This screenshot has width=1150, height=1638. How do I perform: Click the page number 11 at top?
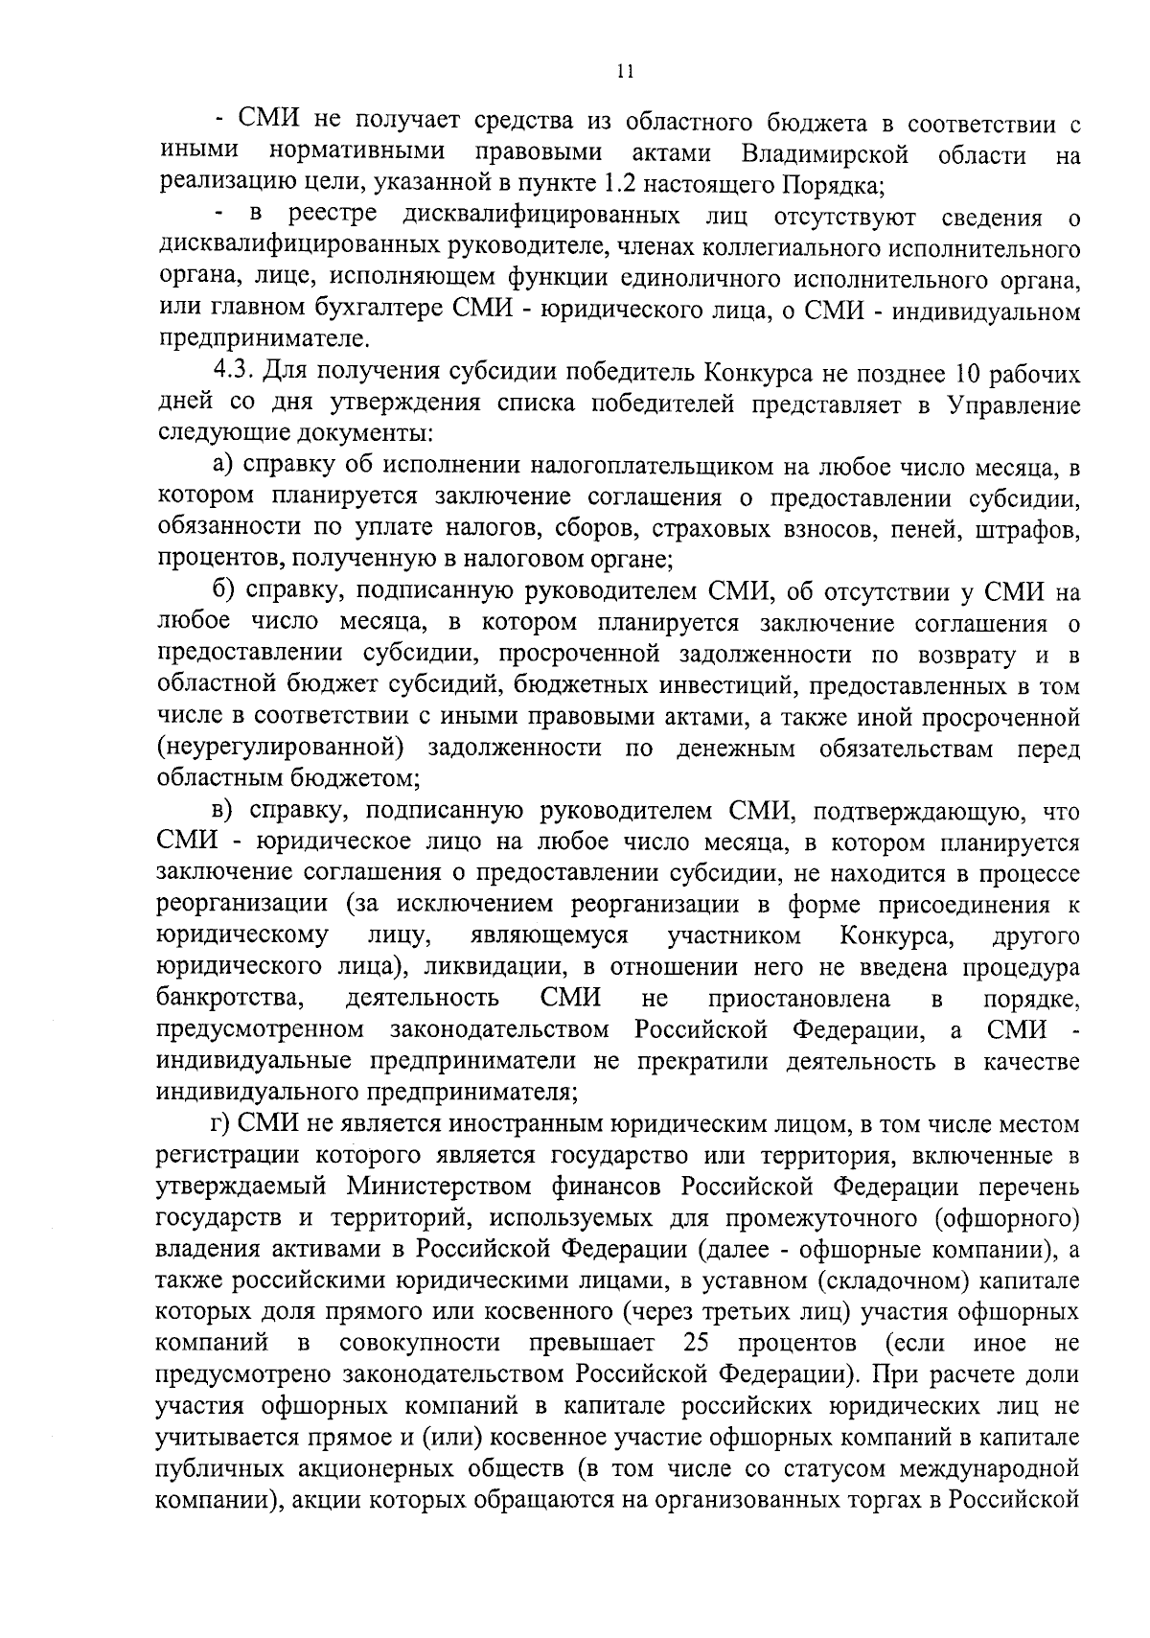[625, 71]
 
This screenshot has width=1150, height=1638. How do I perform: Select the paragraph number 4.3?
[232, 372]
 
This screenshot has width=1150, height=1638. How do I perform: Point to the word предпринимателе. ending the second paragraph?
[262, 342]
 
